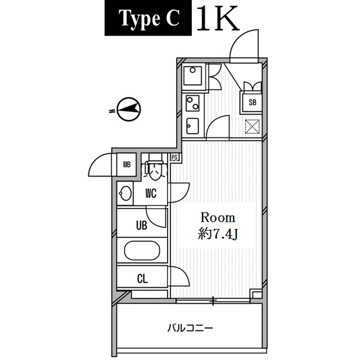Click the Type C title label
tap(148, 19)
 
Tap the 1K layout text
tap(218, 19)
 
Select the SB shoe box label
tap(253, 102)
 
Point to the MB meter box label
tap(127, 164)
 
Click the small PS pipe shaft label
tap(175, 157)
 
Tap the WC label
tap(151, 193)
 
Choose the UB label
tap(142, 225)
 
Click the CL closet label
tap(142, 279)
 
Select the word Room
tap(218, 218)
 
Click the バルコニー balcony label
tap(190, 328)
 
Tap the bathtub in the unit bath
tap(142, 250)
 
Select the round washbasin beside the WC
tap(125, 193)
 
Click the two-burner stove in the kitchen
tap(192, 102)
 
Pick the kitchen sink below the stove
tap(192, 126)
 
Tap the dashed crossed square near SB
tap(253, 127)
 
